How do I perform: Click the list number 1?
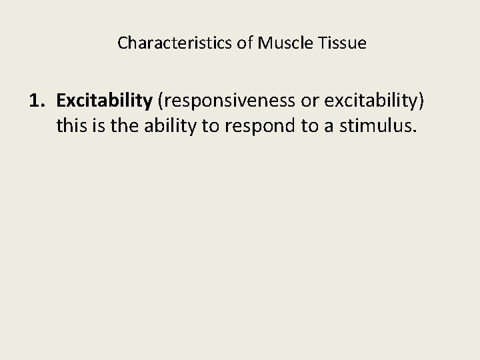click(x=37, y=101)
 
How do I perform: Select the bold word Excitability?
click(x=105, y=101)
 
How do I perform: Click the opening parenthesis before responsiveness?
click(x=159, y=101)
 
